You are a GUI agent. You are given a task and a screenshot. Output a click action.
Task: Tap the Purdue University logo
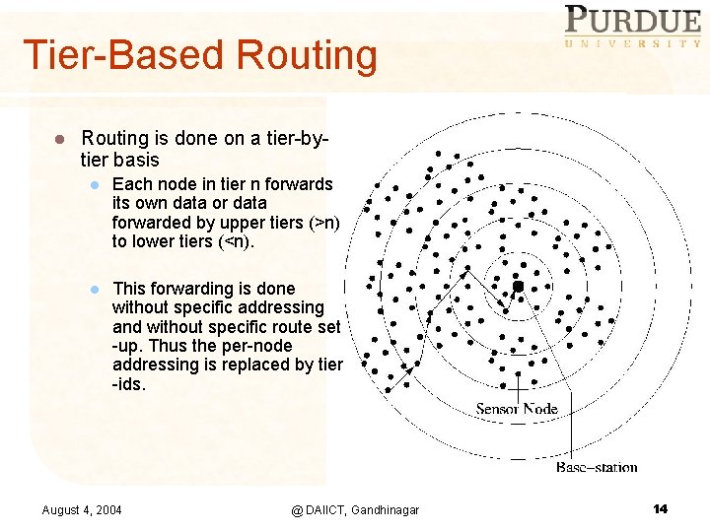[x=632, y=27]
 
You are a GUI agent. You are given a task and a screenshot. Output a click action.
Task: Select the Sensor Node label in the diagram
[x=516, y=409]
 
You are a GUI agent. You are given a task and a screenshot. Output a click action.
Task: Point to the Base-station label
[x=597, y=467]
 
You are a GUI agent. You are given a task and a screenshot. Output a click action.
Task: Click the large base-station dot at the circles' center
[x=518, y=286]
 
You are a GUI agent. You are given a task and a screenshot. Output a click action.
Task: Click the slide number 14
[x=660, y=508]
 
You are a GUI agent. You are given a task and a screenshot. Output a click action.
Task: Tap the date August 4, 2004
[x=82, y=509]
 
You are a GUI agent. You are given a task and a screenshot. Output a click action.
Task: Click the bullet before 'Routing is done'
[x=59, y=141]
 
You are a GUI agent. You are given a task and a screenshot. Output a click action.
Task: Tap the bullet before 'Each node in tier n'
[x=94, y=185]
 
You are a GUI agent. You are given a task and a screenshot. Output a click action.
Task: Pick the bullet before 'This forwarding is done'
[x=94, y=290]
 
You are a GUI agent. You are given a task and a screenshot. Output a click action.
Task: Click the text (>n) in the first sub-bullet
[x=323, y=223]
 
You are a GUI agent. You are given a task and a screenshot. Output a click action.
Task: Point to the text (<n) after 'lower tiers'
[x=234, y=241]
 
